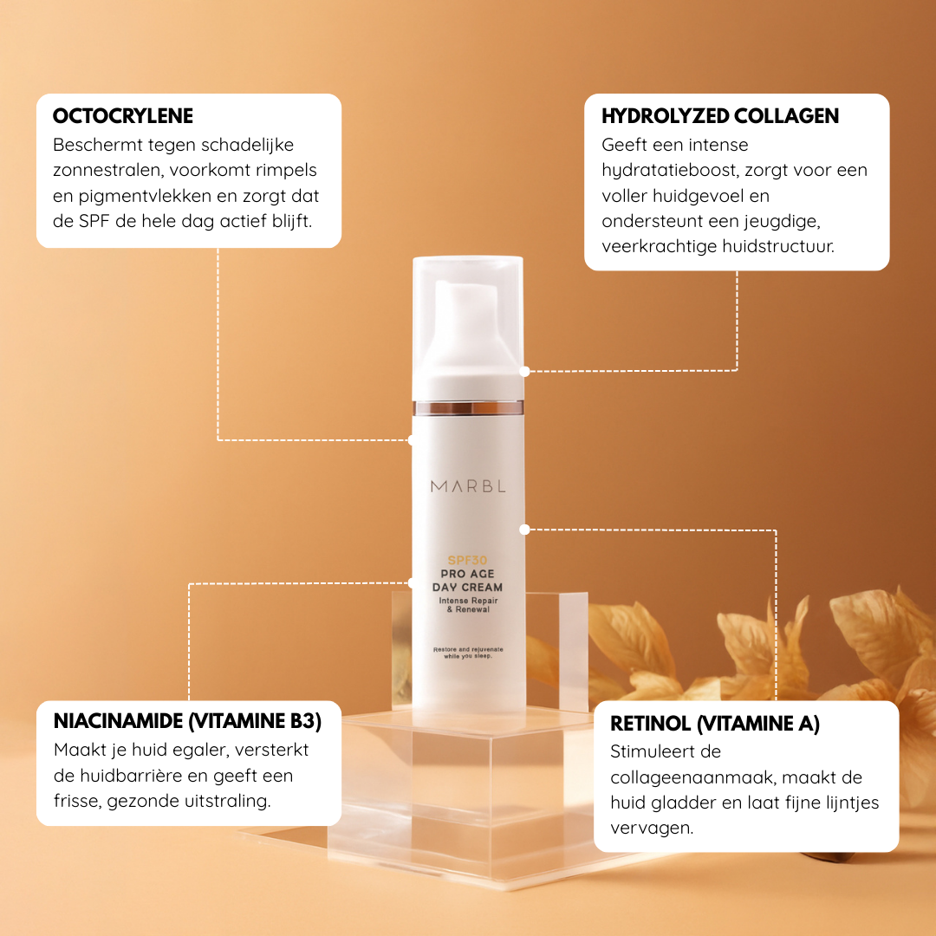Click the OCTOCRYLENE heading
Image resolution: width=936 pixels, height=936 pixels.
coord(123,116)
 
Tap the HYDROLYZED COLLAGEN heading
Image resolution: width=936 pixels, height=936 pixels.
coord(720,116)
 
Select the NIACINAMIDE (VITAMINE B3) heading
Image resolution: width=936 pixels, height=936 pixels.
coord(187,722)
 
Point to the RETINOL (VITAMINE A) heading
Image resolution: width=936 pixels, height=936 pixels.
coord(715,724)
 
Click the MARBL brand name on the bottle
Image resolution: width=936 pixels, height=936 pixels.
coord(468,486)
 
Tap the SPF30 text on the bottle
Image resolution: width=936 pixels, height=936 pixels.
coord(468,560)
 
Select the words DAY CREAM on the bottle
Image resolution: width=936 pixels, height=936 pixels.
coord(468,588)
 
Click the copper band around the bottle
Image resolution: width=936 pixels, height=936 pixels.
coord(468,407)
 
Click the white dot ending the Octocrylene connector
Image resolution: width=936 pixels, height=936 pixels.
coord(412,439)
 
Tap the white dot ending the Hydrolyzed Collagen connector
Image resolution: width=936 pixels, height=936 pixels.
coord(524,371)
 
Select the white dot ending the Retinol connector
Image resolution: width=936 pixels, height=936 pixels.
coord(524,529)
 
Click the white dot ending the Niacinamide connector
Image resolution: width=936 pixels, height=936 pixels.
coord(412,582)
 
